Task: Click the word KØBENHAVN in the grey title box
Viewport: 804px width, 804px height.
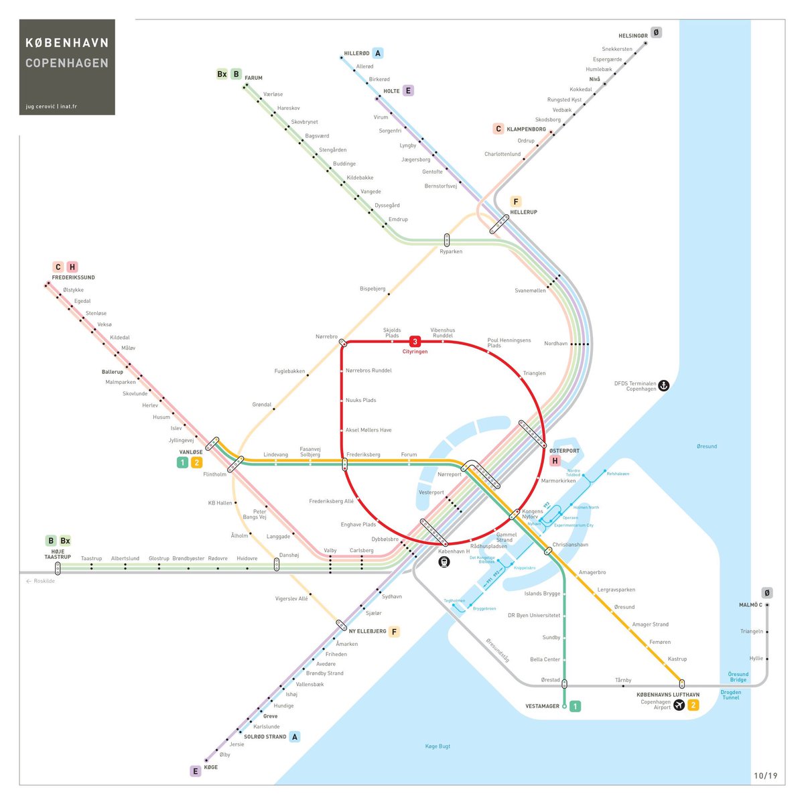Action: [67, 43]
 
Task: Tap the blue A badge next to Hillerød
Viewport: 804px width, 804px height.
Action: [378, 54]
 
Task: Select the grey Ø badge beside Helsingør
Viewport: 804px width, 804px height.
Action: [656, 33]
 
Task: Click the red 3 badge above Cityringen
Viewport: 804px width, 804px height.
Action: [415, 342]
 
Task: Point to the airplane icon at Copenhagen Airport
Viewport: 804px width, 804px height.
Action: [679, 705]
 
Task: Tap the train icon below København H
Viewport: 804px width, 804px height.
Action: [444, 562]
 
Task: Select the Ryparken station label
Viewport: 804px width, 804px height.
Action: [451, 252]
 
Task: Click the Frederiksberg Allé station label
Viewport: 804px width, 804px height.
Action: [331, 501]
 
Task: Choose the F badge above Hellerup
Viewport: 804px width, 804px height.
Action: [515, 202]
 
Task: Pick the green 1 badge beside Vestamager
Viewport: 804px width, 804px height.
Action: [575, 706]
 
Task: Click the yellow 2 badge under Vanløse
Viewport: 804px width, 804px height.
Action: [196, 462]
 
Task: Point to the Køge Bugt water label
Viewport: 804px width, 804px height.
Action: [438, 746]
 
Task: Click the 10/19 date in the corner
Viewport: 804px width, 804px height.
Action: [765, 776]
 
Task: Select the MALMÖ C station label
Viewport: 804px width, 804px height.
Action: [750, 605]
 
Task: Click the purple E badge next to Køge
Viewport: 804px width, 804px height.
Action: [196, 771]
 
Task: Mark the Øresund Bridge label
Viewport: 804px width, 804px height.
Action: [738, 677]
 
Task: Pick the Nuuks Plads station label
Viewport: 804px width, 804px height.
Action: [360, 400]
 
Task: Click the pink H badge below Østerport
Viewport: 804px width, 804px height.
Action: [555, 461]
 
